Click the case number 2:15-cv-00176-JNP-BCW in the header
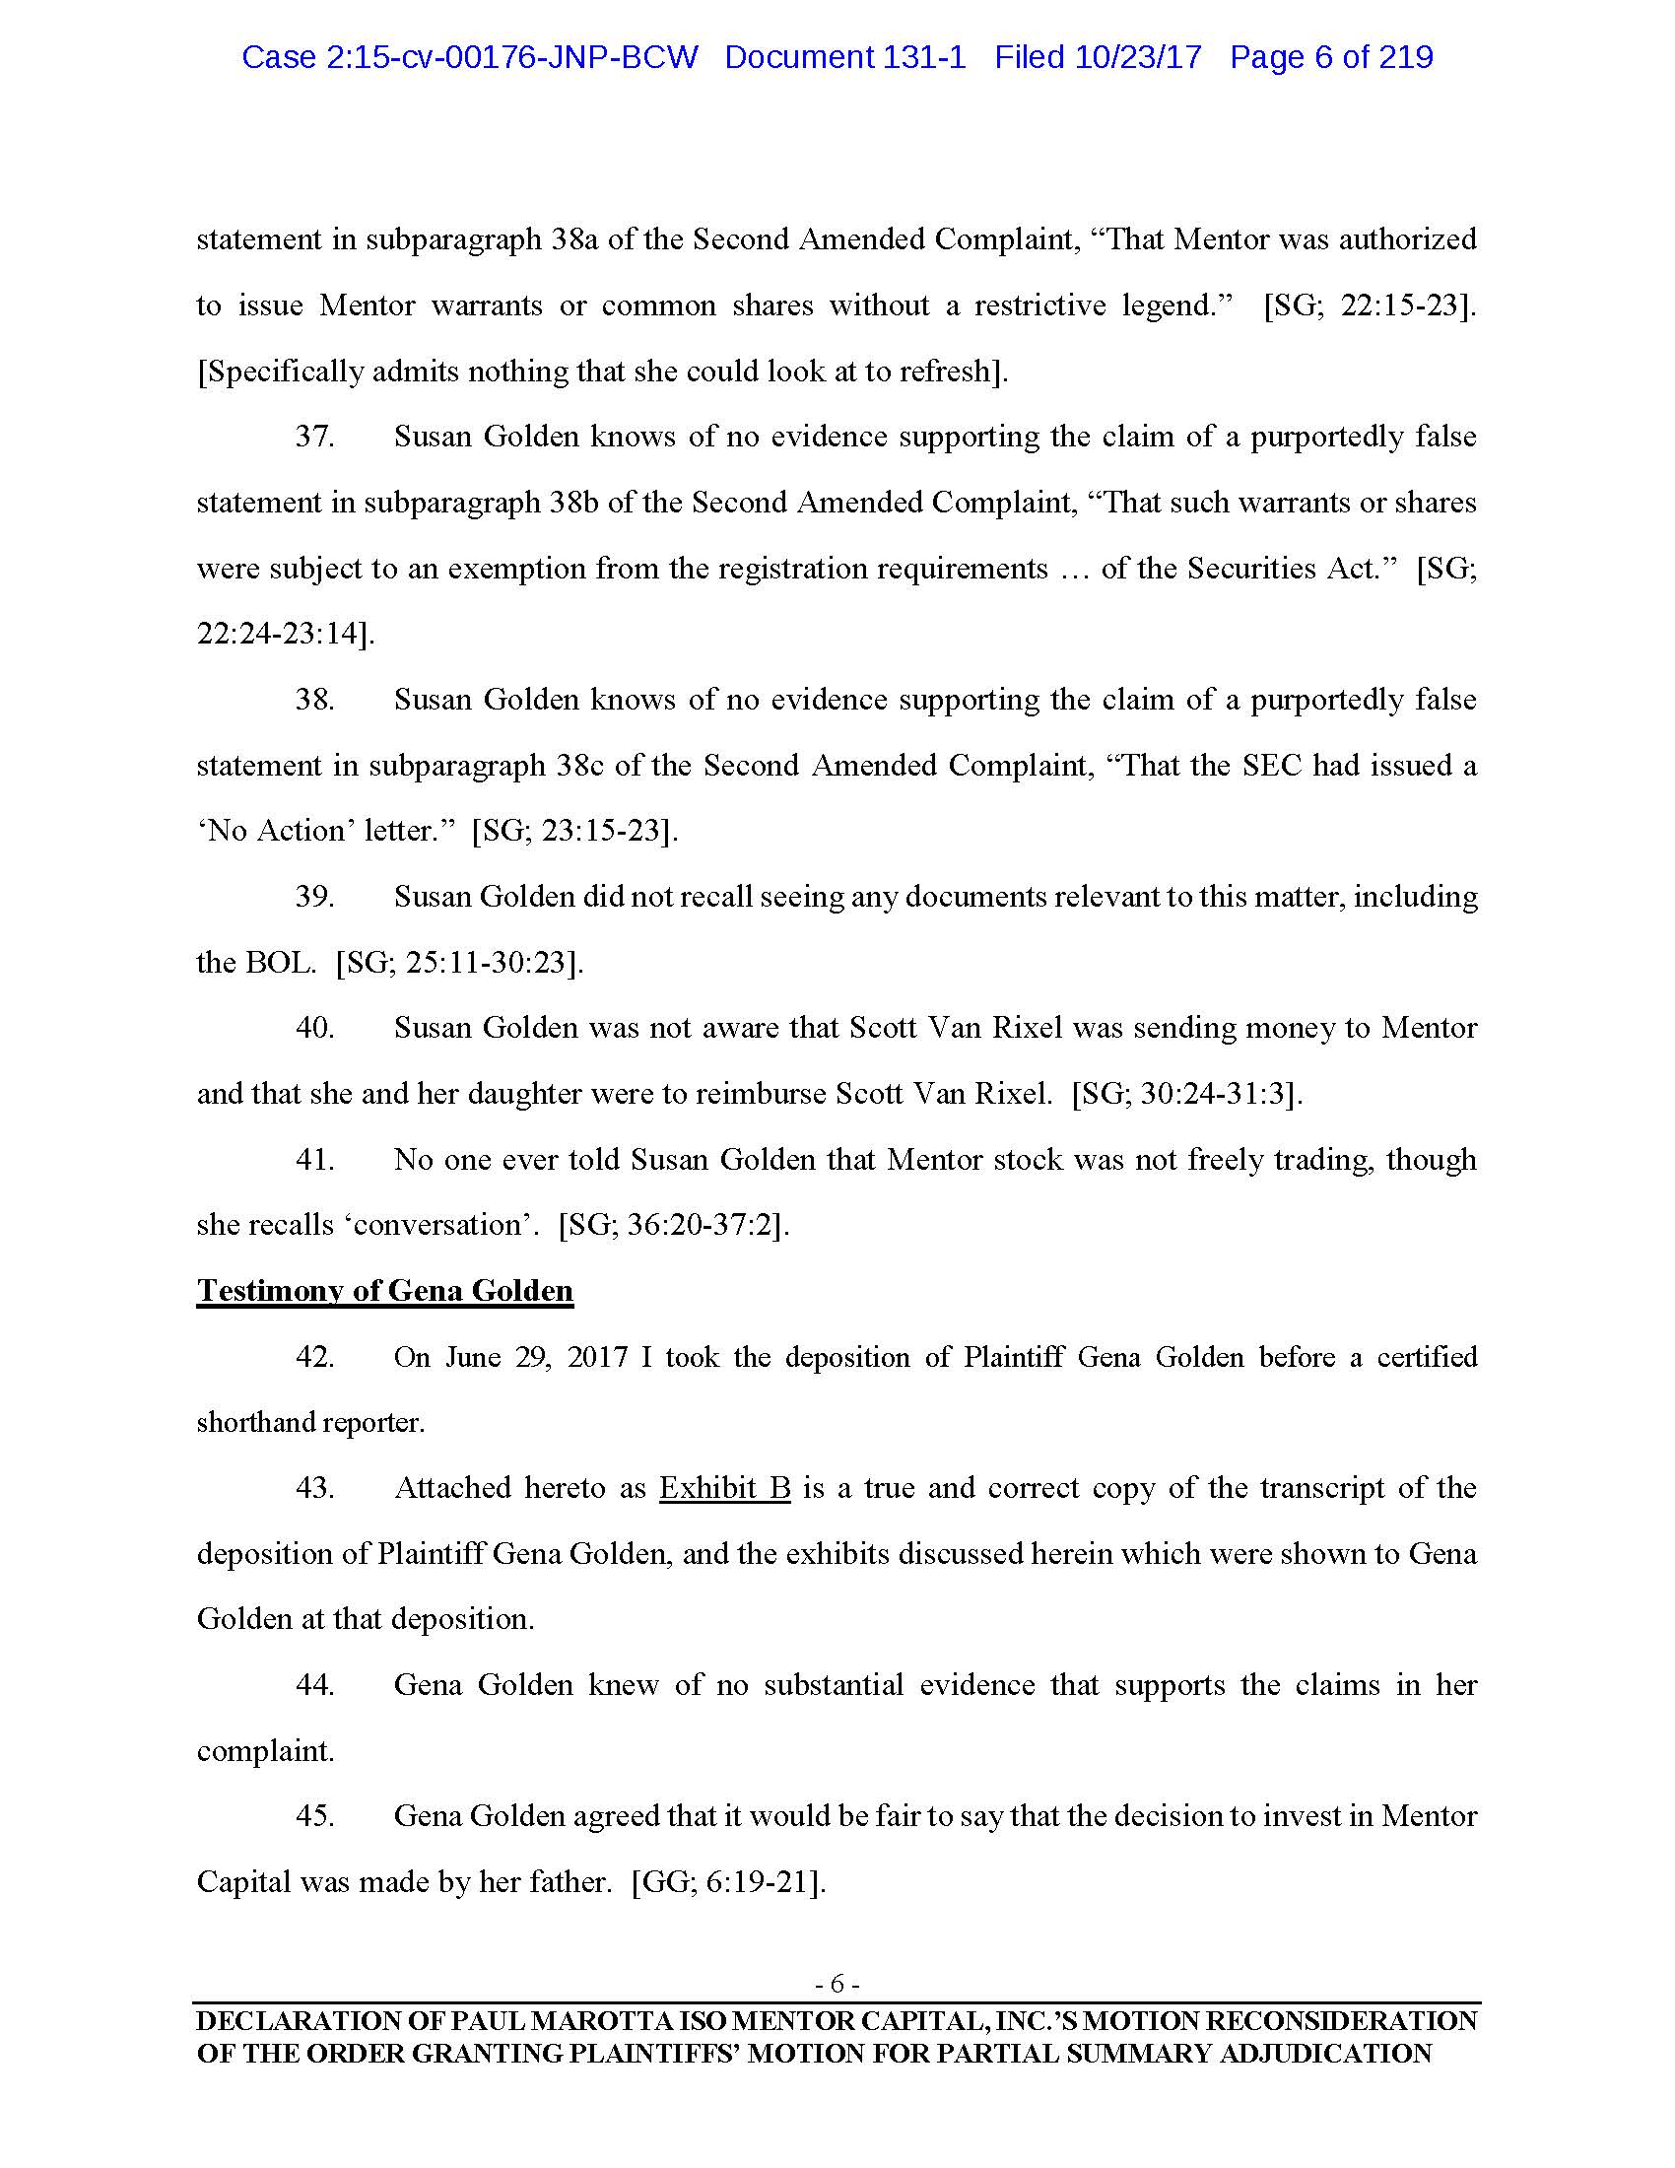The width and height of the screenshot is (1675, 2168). click(x=469, y=57)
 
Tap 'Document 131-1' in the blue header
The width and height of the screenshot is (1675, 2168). click(x=844, y=57)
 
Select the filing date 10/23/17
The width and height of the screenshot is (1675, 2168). click(x=1138, y=57)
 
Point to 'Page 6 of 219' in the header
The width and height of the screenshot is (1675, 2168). click(x=1331, y=57)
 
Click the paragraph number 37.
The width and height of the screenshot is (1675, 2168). click(x=314, y=437)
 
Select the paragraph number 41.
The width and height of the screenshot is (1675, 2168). click(x=314, y=1160)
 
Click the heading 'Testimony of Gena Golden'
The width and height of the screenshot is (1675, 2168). click(x=385, y=1291)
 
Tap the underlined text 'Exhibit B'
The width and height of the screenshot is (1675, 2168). click(x=724, y=1488)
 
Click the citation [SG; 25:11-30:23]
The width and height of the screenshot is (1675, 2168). click(x=459, y=963)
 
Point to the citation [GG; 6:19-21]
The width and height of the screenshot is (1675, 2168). click(x=728, y=1882)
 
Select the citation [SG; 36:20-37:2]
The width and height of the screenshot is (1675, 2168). click(x=674, y=1225)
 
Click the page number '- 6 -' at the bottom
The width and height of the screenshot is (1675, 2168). click(x=837, y=1985)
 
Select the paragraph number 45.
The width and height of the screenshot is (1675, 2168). click(x=314, y=1816)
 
